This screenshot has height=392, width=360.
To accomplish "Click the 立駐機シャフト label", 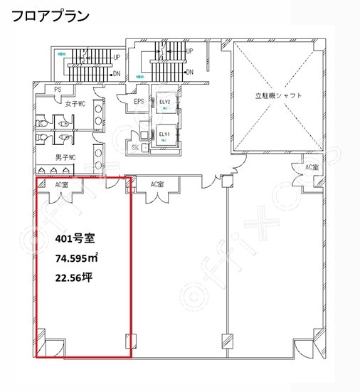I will pyautogui.click(x=279, y=95).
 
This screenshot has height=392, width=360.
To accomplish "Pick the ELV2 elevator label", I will pyautogui.click(x=165, y=102).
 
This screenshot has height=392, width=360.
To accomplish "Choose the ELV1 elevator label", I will pyautogui.click(x=164, y=134).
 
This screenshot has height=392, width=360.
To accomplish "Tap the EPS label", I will pyautogui.click(x=139, y=102).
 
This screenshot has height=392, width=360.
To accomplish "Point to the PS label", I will pyautogui.click(x=58, y=89).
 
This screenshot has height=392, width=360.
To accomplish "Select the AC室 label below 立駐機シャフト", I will pyautogui.click(x=312, y=166).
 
